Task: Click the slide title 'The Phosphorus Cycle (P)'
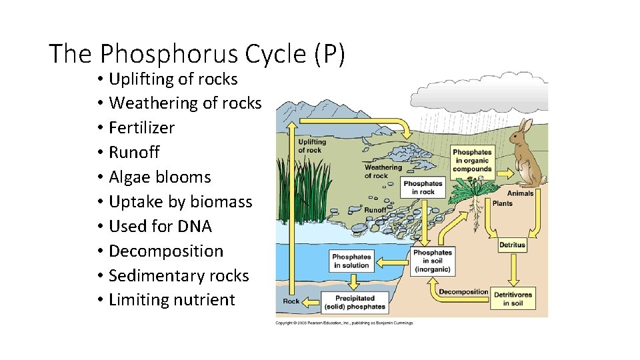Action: tap(197, 53)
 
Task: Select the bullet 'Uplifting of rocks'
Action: tap(173, 79)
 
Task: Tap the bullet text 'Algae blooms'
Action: tap(159, 177)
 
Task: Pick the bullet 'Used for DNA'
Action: tap(160, 226)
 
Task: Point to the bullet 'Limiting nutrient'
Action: tap(171, 300)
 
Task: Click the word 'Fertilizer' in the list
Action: tap(141, 127)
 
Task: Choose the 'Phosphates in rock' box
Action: tap(423, 187)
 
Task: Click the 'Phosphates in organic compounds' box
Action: tap(472, 161)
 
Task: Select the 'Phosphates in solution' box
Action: tap(351, 261)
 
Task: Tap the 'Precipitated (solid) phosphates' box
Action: tap(355, 302)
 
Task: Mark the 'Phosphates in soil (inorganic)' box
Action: tap(433, 261)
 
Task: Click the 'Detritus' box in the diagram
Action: tap(512, 245)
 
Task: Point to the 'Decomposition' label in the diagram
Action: tap(464, 291)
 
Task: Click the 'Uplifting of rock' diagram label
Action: tap(312, 146)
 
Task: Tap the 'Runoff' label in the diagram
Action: tap(375, 210)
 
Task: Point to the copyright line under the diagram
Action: tap(345, 323)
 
